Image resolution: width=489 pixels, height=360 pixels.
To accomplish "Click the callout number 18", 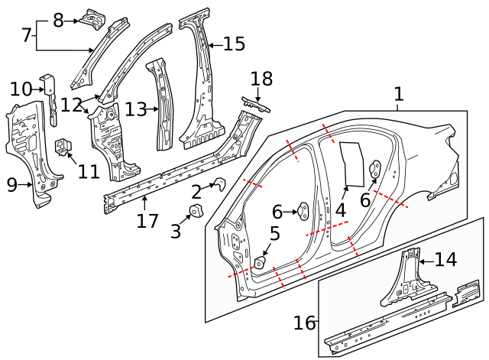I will tap(261, 79).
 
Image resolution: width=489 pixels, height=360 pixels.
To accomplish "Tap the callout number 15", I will tap(234, 44).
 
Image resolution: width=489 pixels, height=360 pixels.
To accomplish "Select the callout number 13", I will tap(135, 109).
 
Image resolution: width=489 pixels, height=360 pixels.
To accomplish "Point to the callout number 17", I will tap(147, 221).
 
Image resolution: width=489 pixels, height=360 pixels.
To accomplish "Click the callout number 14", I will tap(445, 259).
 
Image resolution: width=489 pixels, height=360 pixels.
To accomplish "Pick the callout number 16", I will tap(305, 323).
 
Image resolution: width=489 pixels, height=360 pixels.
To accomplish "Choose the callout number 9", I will tap(12, 184).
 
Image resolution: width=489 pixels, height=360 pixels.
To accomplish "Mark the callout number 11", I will tap(89, 170).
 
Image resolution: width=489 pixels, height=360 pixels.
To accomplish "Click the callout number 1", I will tap(398, 95).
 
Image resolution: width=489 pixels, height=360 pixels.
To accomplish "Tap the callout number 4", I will tap(341, 208).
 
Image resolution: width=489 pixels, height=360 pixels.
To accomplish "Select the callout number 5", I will tap(275, 235).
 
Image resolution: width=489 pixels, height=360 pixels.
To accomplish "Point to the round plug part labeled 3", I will tap(196, 211).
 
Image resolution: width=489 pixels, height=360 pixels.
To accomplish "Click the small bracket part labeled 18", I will tap(256, 104).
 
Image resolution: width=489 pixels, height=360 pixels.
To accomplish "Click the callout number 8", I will tap(58, 21).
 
